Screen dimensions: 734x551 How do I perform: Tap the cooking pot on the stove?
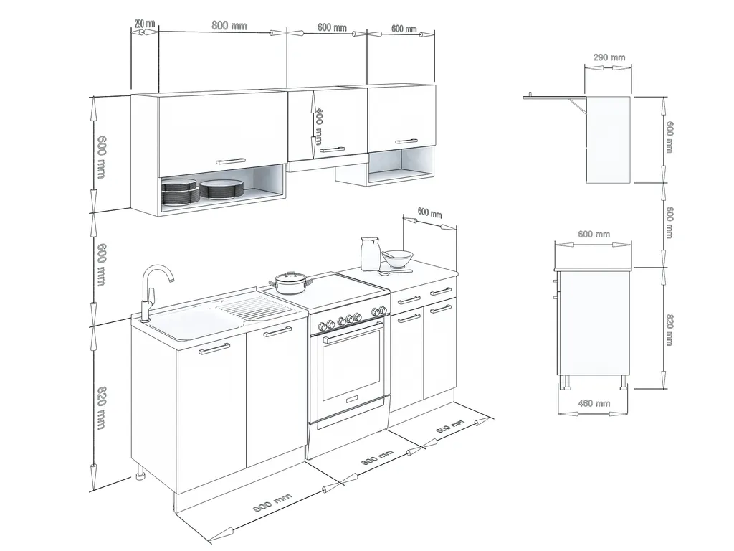coord(291,283)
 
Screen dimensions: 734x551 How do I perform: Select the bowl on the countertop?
coord(397,258)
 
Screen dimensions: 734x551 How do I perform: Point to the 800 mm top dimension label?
coord(229,25)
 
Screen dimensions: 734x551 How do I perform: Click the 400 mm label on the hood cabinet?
coord(318,126)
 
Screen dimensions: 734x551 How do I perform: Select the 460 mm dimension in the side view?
coord(594,403)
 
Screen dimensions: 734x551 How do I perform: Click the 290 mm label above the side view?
coord(609,57)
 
